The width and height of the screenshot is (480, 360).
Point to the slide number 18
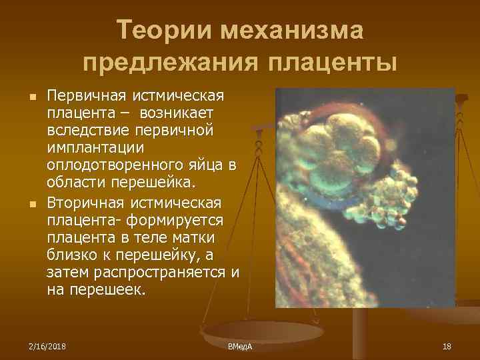tap(447, 346)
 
